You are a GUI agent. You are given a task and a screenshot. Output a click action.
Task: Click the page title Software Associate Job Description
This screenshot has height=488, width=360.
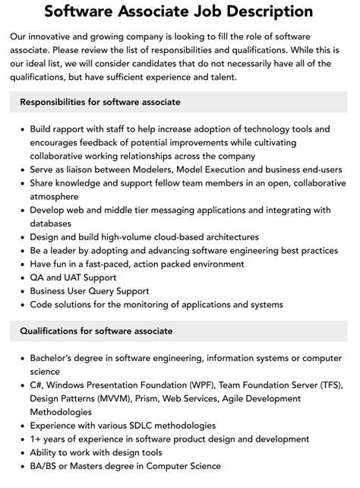pyautogui.click(x=179, y=11)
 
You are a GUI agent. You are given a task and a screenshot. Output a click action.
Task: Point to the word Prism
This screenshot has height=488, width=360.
pyautogui.click(x=164, y=398)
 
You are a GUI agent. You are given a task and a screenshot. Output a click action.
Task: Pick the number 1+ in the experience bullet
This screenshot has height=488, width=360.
pyautogui.click(x=37, y=439)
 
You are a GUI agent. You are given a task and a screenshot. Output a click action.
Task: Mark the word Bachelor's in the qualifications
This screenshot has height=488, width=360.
pyautogui.click(x=55, y=357)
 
